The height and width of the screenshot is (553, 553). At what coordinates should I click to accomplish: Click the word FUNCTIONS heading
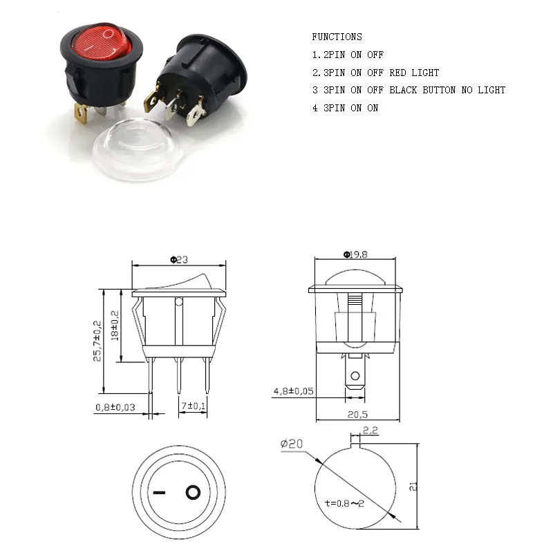click(x=337, y=37)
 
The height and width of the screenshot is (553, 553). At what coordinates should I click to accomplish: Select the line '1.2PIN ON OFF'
click(x=347, y=55)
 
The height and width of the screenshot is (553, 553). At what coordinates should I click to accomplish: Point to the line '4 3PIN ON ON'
click(x=345, y=108)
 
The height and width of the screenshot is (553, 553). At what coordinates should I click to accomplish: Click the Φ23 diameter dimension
click(x=179, y=260)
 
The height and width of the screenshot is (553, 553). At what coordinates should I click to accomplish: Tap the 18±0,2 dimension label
click(x=115, y=325)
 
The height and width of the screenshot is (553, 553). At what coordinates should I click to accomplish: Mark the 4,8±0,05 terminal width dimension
click(x=293, y=391)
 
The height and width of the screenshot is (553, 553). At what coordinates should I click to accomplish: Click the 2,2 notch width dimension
click(x=370, y=431)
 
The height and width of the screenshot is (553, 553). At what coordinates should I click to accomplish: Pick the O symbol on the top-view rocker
click(x=193, y=493)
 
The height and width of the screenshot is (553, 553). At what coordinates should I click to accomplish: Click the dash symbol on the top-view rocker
click(x=160, y=494)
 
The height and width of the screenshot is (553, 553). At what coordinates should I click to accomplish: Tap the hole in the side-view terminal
click(x=355, y=377)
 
